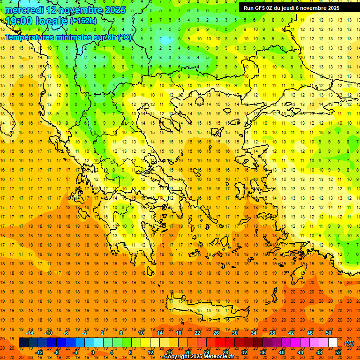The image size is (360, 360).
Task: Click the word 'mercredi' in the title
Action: [x=24, y=10]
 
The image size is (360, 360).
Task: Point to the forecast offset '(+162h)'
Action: [x=83, y=21]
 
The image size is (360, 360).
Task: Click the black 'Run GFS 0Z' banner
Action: [x=295, y=8]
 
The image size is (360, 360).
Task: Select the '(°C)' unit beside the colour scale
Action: [x=349, y=343]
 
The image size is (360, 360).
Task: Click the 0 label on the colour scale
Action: [x=92, y=352]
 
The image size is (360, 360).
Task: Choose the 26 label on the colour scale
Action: [x=216, y=333]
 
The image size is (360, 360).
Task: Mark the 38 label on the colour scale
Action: [x=272, y=333]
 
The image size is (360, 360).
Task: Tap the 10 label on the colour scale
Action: [x=141, y=333]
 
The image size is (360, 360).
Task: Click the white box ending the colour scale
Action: [x=333, y=343]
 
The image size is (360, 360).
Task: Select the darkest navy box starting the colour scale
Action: [x=23, y=343]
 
